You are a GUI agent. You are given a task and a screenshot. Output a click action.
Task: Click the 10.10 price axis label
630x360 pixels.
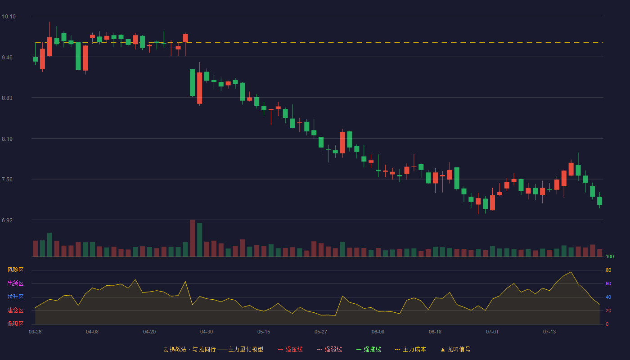(x=9, y=17)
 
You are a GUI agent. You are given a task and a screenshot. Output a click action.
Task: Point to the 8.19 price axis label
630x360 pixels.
(x=7, y=139)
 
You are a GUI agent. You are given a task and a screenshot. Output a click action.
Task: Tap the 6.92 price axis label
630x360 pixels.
(x=7, y=220)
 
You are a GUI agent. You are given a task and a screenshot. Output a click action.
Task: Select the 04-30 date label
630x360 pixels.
(x=207, y=332)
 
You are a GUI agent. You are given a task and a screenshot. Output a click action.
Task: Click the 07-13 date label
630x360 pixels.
(x=549, y=332)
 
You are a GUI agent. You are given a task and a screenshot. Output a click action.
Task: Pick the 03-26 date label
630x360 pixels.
(x=35, y=332)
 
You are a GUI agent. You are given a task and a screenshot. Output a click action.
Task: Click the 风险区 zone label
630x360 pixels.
(x=15, y=270)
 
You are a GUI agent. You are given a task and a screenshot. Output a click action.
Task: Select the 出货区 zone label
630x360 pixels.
(x=15, y=283)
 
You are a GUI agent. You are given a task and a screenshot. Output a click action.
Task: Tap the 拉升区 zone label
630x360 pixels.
(x=15, y=297)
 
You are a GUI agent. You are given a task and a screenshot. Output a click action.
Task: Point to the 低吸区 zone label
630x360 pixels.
(x=15, y=324)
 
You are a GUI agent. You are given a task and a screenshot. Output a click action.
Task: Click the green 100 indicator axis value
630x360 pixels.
(x=610, y=256)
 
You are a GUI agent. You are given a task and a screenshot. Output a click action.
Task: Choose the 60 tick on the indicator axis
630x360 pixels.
(x=608, y=283)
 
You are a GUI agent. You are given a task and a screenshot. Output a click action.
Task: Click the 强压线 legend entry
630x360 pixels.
(x=291, y=349)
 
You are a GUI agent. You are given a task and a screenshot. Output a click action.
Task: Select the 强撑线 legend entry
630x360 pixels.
(x=369, y=349)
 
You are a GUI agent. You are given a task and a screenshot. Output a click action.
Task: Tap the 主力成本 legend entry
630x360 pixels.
(x=410, y=349)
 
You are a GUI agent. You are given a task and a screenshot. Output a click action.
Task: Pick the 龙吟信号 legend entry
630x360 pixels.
(x=455, y=349)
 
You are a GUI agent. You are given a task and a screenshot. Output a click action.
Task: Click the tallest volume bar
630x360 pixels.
(x=193, y=238)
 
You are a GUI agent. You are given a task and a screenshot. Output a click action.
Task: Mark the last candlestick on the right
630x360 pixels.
(x=599, y=201)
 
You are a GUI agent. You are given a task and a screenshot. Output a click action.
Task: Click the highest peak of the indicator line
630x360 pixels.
(x=571, y=272)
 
